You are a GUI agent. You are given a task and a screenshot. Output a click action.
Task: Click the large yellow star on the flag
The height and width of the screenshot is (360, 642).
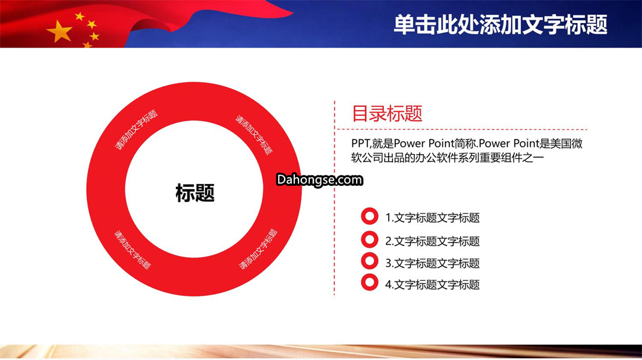[60, 31]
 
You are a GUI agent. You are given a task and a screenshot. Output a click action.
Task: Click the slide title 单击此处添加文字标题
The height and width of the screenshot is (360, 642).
[501, 24]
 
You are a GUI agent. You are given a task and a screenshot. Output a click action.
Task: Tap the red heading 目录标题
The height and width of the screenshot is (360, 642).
[387, 113]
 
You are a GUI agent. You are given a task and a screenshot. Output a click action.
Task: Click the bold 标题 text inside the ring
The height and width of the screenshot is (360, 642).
[195, 192]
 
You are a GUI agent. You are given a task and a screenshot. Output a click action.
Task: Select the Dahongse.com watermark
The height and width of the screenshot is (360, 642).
[319, 179]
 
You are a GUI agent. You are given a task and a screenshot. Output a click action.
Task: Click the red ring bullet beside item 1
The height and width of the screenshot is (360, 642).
[369, 216]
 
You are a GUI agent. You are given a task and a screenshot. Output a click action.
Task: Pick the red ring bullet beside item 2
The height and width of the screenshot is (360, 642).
[369, 240]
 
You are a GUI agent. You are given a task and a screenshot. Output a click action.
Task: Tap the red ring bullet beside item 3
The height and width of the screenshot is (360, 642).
[369, 261]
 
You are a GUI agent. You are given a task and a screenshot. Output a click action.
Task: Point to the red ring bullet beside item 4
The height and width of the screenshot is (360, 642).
[369, 282]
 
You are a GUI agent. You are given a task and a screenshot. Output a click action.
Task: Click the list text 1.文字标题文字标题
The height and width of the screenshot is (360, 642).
[432, 217]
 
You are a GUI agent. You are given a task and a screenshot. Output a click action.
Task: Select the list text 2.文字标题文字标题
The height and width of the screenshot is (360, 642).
[432, 241]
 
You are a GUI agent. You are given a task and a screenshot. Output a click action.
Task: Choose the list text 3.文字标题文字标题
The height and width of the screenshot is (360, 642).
[432, 263]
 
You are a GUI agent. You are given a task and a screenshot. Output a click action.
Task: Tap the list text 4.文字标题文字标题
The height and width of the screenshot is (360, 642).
[432, 285]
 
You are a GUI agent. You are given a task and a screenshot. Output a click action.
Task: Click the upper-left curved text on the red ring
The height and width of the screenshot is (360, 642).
[136, 130]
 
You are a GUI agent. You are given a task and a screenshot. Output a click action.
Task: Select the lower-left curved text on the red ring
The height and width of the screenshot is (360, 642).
[132, 250]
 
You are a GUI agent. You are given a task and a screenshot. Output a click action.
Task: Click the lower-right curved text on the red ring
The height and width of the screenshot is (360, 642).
[259, 249]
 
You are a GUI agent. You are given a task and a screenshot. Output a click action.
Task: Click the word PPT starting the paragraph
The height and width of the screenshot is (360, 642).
[360, 144]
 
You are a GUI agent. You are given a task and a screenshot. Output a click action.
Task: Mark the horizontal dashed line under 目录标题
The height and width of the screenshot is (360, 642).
[461, 130]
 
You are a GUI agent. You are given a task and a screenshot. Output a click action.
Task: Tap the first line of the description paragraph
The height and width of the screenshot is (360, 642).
[467, 144]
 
